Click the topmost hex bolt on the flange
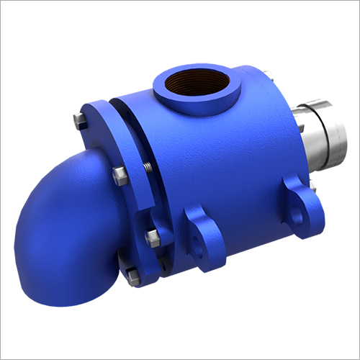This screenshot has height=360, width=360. [78, 120]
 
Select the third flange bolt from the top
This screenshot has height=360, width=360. [151, 237]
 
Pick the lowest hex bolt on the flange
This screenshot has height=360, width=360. [132, 274]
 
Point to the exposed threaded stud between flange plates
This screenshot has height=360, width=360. [144, 168]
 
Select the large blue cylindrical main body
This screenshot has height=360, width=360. [216, 166]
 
